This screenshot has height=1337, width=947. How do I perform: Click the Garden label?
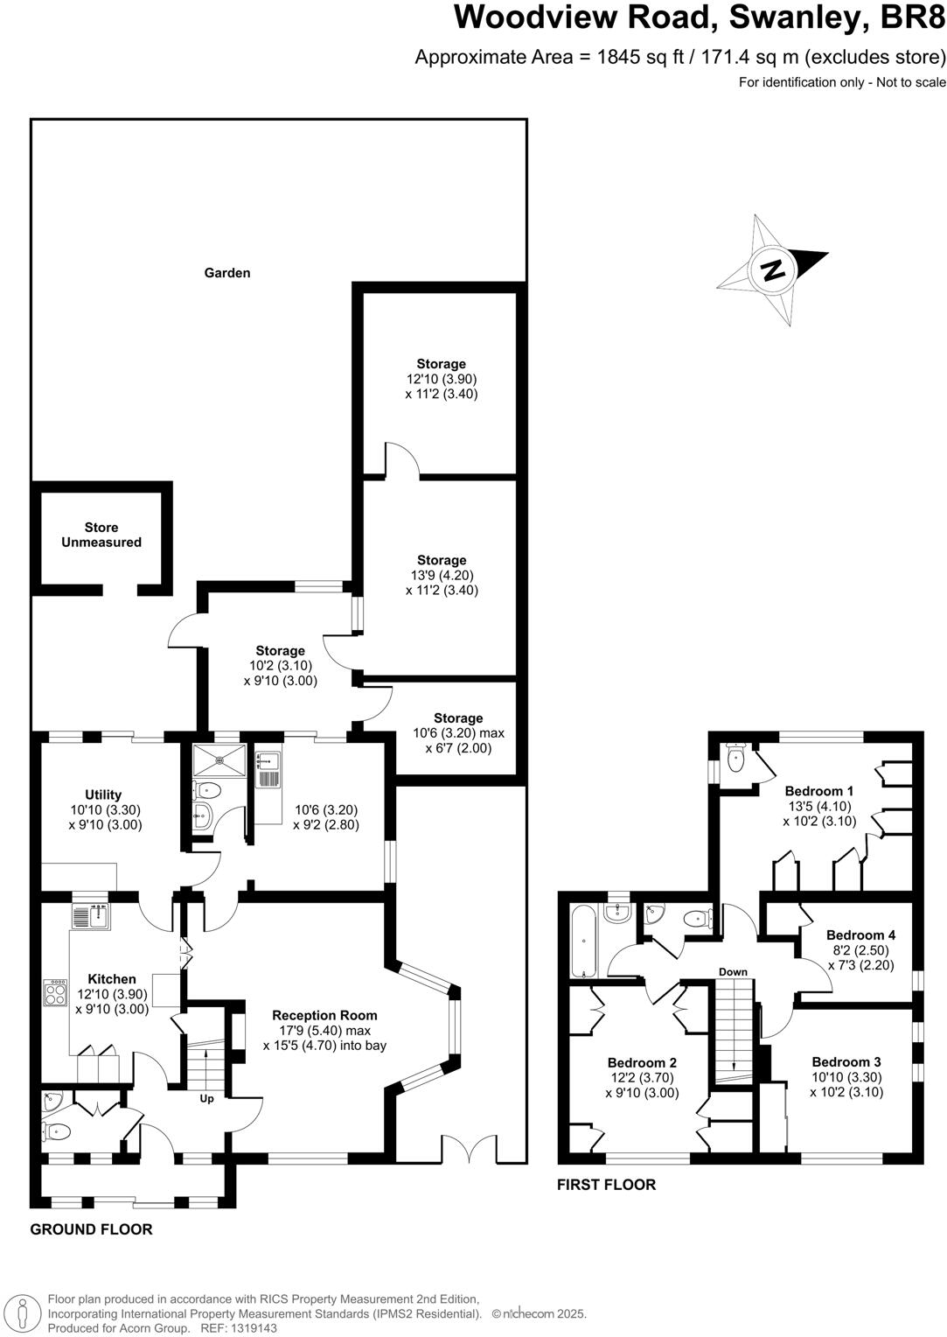[227, 273]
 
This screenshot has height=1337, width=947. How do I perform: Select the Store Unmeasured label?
[101, 535]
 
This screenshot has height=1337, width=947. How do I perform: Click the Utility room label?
[103, 794]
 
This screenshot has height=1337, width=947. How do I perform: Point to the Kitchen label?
[112, 979]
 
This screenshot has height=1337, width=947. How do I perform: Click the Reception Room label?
[324, 1015]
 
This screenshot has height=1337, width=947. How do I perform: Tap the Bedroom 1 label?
[819, 791]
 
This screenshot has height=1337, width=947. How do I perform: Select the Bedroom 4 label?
[860, 934]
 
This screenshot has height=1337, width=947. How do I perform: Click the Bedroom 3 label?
[846, 1062]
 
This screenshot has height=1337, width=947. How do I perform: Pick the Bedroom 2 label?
[642, 1062]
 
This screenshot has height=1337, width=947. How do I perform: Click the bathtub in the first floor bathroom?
[583, 942]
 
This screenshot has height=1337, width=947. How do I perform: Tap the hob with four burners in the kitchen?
[55, 991]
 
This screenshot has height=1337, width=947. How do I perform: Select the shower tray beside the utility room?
[207, 755]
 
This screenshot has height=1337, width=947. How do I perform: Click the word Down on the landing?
[733, 972]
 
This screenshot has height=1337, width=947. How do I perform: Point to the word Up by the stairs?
[207, 1098]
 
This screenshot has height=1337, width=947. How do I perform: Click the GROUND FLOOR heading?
[91, 1229]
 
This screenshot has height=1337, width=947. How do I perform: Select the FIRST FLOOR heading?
[606, 1185]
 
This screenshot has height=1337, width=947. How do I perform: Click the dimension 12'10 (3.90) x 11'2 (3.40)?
[441, 387]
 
